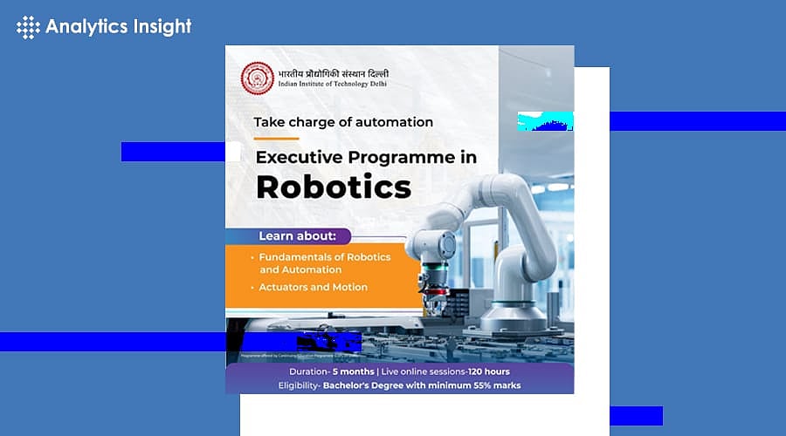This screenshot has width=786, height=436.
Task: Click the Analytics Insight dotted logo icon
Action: [x=29, y=27]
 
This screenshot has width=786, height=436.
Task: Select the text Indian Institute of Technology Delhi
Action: [x=331, y=84]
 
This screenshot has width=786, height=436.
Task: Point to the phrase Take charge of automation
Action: [x=343, y=122]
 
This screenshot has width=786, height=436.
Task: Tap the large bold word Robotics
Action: [x=333, y=187]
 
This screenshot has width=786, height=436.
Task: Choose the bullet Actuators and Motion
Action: [x=313, y=287]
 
